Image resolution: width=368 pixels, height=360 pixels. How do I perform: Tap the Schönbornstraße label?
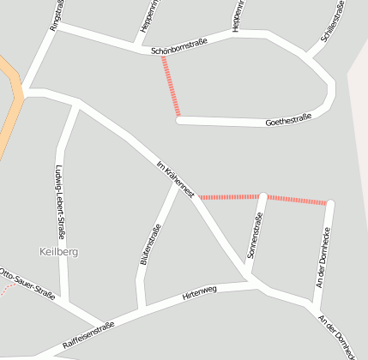[179, 51]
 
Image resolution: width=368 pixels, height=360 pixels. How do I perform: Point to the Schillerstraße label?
[332, 23]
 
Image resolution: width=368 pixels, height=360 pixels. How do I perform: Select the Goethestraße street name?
[288, 119]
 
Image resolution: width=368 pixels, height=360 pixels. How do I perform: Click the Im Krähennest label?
[176, 177]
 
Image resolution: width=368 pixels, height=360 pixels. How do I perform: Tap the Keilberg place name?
[59, 251]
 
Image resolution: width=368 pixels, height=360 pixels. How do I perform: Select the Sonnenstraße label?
[253, 237]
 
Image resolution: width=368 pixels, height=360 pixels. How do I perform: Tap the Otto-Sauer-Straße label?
[27, 284]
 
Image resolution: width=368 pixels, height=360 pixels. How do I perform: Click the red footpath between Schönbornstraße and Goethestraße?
[171, 87]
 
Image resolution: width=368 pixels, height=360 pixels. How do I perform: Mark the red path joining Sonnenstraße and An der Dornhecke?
[297, 200]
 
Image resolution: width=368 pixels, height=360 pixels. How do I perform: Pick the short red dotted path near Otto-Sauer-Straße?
[6, 288]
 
